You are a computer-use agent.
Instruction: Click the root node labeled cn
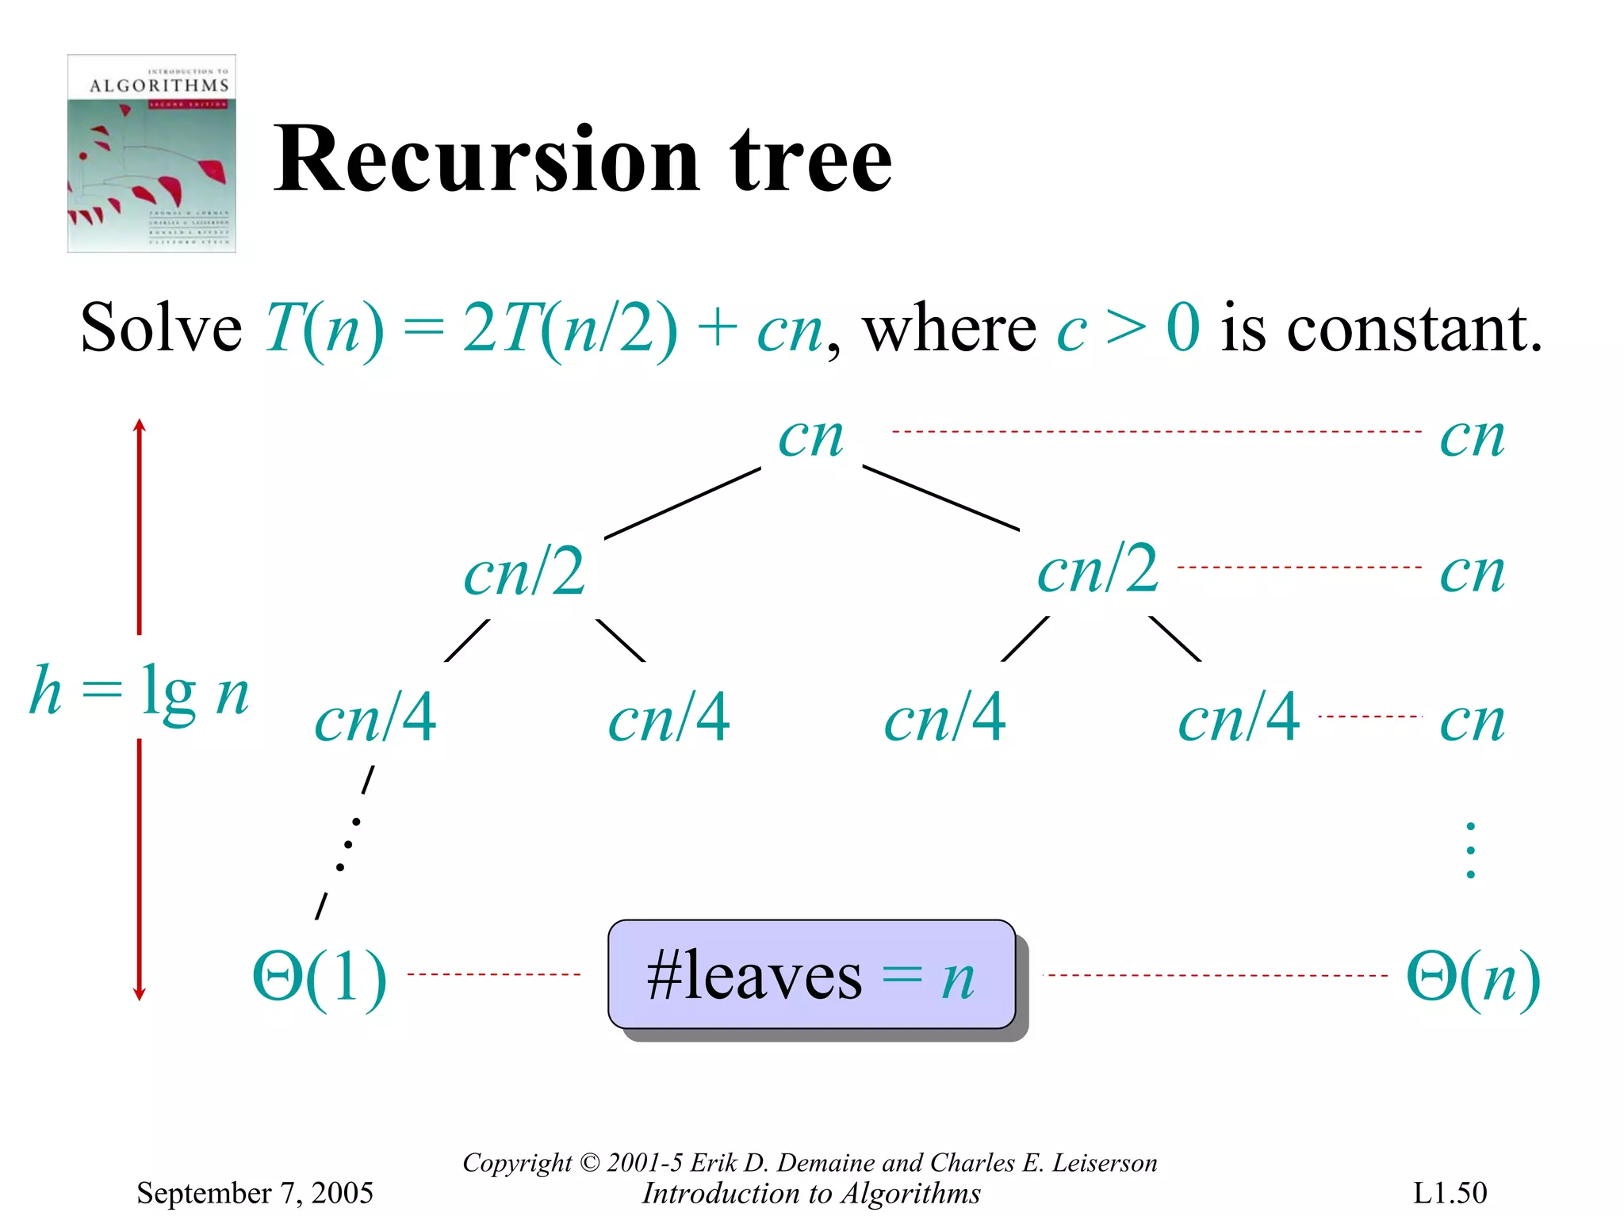tap(810, 437)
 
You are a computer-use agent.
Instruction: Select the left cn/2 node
tap(525, 572)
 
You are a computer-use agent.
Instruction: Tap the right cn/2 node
tap(1098, 569)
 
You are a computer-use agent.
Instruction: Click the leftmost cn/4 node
tap(376, 718)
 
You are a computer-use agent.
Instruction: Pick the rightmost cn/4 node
tap(1239, 718)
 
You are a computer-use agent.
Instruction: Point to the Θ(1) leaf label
tap(320, 977)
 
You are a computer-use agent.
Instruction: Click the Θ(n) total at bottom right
tap(1473, 977)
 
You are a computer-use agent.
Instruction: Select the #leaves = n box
tap(811, 974)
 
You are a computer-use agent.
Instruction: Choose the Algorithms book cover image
tap(151, 153)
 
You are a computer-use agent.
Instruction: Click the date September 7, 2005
tap(255, 1192)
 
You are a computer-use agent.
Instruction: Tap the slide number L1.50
tap(1450, 1192)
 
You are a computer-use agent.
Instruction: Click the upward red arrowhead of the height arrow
tap(140, 426)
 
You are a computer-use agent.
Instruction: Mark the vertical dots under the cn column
tap(1470, 851)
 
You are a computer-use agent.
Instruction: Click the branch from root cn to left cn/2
tap(682, 503)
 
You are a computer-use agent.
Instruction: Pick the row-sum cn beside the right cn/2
tap(1472, 572)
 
